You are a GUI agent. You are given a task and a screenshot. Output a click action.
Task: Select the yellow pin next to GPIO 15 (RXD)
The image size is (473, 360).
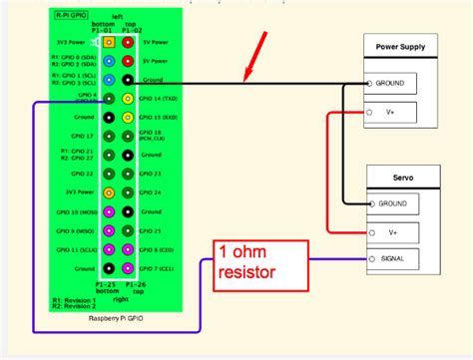tap(128, 117)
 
